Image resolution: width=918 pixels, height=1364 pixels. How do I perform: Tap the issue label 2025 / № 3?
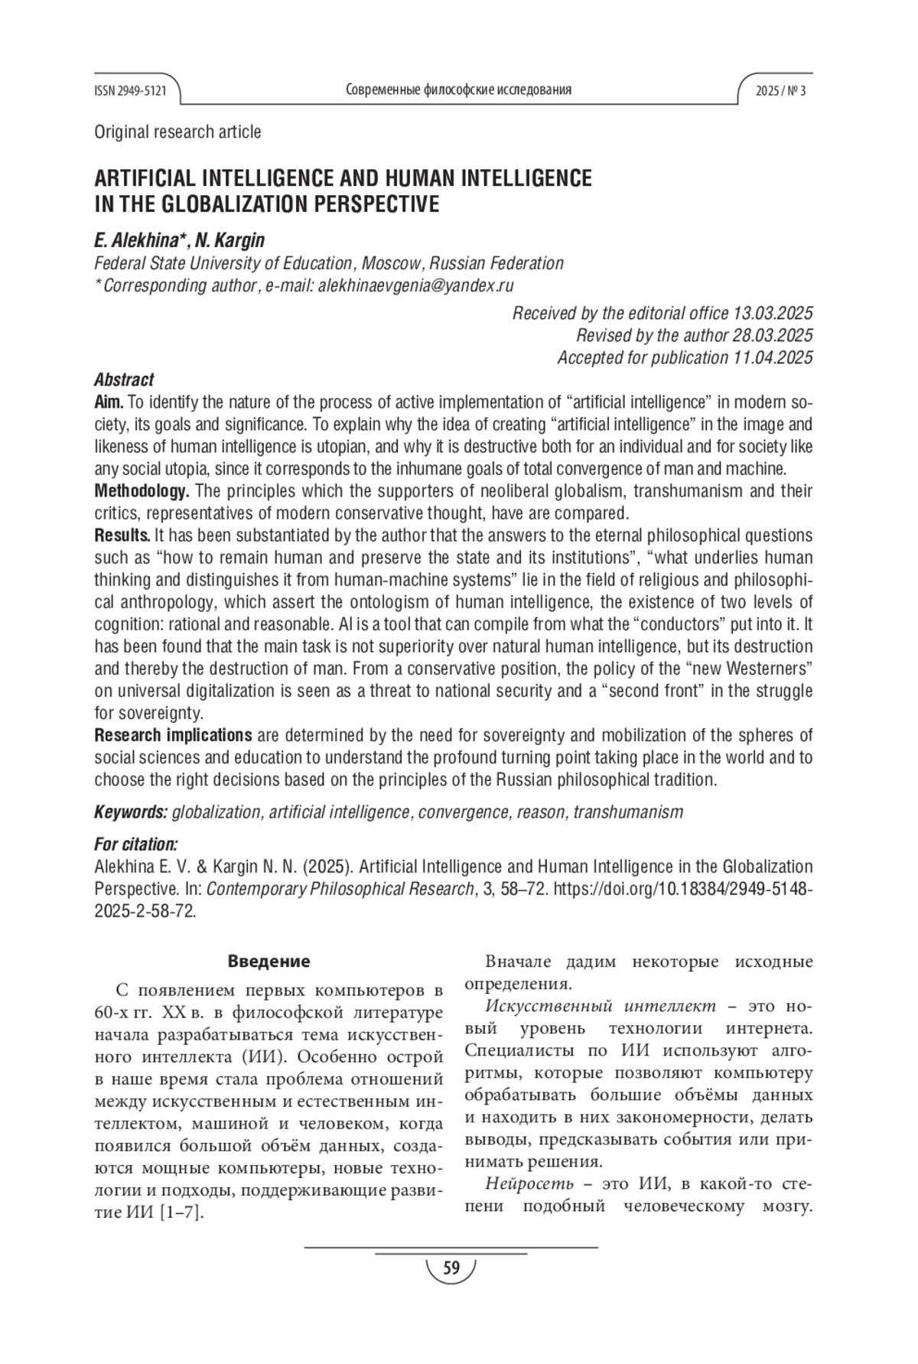click(x=780, y=91)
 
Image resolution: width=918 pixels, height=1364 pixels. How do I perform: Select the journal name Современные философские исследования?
click(x=458, y=90)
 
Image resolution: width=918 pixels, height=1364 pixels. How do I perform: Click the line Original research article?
click(x=177, y=132)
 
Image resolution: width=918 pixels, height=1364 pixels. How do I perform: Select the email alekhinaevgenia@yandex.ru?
click(x=415, y=286)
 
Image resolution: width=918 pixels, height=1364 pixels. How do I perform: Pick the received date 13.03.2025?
click(x=773, y=313)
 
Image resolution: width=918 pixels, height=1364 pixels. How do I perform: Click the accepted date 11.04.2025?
click(x=773, y=357)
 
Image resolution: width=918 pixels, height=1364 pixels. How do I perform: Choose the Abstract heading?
click(x=124, y=379)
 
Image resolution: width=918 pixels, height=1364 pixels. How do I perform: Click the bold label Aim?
click(x=109, y=402)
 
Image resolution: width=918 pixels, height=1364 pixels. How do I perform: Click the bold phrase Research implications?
click(x=173, y=735)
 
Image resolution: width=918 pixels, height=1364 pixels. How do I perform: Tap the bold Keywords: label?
click(x=131, y=812)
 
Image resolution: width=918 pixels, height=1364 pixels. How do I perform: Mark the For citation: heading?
click(x=136, y=845)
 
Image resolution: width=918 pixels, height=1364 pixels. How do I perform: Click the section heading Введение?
click(x=269, y=961)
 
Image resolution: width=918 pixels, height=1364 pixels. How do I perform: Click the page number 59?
click(x=451, y=1269)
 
